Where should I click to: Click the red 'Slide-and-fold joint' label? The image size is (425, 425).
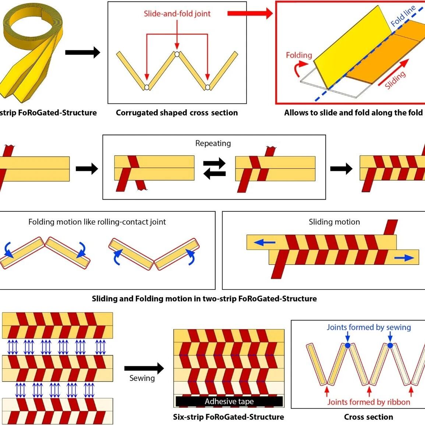click(177, 14)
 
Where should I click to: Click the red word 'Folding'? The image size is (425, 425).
click(299, 55)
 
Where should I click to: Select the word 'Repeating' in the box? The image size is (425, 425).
click(213, 143)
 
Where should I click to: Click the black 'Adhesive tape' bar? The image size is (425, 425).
click(229, 401)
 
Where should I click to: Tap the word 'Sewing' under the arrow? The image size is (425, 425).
click(142, 378)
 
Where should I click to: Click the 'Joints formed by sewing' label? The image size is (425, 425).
click(369, 327)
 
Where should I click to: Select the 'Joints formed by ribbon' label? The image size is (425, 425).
click(369, 402)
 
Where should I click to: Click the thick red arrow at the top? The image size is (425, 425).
click(250, 14)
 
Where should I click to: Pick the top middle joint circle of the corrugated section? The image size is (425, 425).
click(177, 54)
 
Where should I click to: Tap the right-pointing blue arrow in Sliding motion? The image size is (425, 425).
click(404, 258)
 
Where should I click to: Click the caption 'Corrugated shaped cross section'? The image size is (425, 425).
click(177, 113)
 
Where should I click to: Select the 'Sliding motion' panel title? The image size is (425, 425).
click(334, 222)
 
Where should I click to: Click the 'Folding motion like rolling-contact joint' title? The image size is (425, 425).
click(97, 222)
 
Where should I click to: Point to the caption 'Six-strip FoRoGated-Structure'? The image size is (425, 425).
click(229, 417)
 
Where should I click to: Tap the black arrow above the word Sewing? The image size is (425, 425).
click(144, 368)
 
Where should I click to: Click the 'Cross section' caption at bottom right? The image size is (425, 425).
click(368, 417)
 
